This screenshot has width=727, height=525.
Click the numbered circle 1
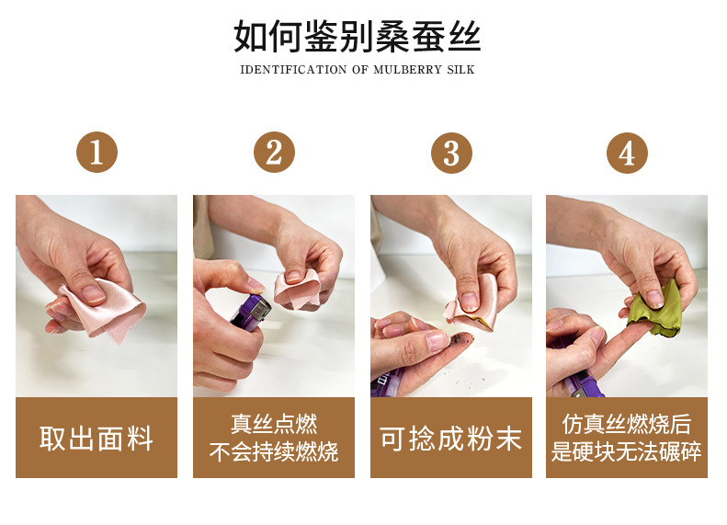point(97,152)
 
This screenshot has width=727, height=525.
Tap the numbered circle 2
point(274,152)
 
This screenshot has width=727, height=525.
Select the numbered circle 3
point(451,153)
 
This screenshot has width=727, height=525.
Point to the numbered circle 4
point(627,153)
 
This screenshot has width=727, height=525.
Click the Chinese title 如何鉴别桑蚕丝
point(357,36)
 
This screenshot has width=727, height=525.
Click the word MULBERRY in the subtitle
point(407,70)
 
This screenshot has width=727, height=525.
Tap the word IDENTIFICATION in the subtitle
point(293,70)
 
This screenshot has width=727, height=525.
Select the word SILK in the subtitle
point(460,70)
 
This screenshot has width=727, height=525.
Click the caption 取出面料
point(97,439)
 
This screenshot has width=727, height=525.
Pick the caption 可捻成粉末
point(450,439)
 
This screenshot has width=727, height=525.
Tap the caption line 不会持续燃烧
point(274,451)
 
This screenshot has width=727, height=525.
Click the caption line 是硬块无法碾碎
point(627,451)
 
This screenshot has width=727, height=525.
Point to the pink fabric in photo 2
point(298,289)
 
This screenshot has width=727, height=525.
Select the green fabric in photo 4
point(654,309)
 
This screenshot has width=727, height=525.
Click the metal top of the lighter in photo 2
point(261,308)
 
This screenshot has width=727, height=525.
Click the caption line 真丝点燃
point(274,424)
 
